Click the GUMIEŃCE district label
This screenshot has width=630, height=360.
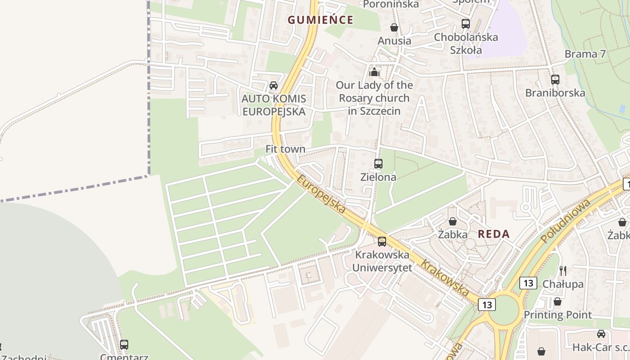[320, 20]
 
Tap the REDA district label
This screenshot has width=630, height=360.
[494, 234]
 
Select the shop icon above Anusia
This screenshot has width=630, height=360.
[394, 27]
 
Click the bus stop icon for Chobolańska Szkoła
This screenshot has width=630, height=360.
[466, 24]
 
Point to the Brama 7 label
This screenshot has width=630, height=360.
[585, 54]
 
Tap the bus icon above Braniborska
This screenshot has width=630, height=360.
[555, 80]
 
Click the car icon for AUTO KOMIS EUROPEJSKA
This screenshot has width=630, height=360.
[273, 85]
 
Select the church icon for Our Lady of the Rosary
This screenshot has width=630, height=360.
[374, 72]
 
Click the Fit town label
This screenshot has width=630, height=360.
[285, 149]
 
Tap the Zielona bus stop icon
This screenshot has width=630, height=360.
[378, 164]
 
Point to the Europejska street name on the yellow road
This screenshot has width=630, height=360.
[321, 194]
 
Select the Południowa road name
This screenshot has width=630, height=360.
[565, 220]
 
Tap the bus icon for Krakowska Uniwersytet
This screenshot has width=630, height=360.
[382, 242]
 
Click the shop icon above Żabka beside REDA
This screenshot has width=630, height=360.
[453, 221]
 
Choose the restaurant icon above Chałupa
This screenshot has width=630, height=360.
[562, 270]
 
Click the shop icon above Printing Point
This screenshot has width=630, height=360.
[558, 301]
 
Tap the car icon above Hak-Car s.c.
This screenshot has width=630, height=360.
[601, 333]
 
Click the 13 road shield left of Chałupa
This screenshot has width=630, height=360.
[528, 283]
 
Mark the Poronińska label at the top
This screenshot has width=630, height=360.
[391, 4]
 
